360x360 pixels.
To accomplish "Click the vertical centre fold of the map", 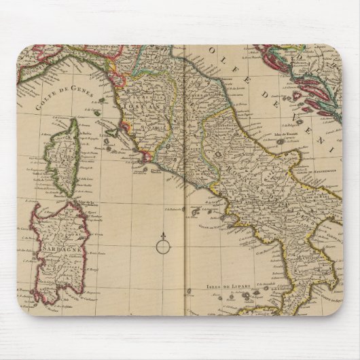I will [183, 204].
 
